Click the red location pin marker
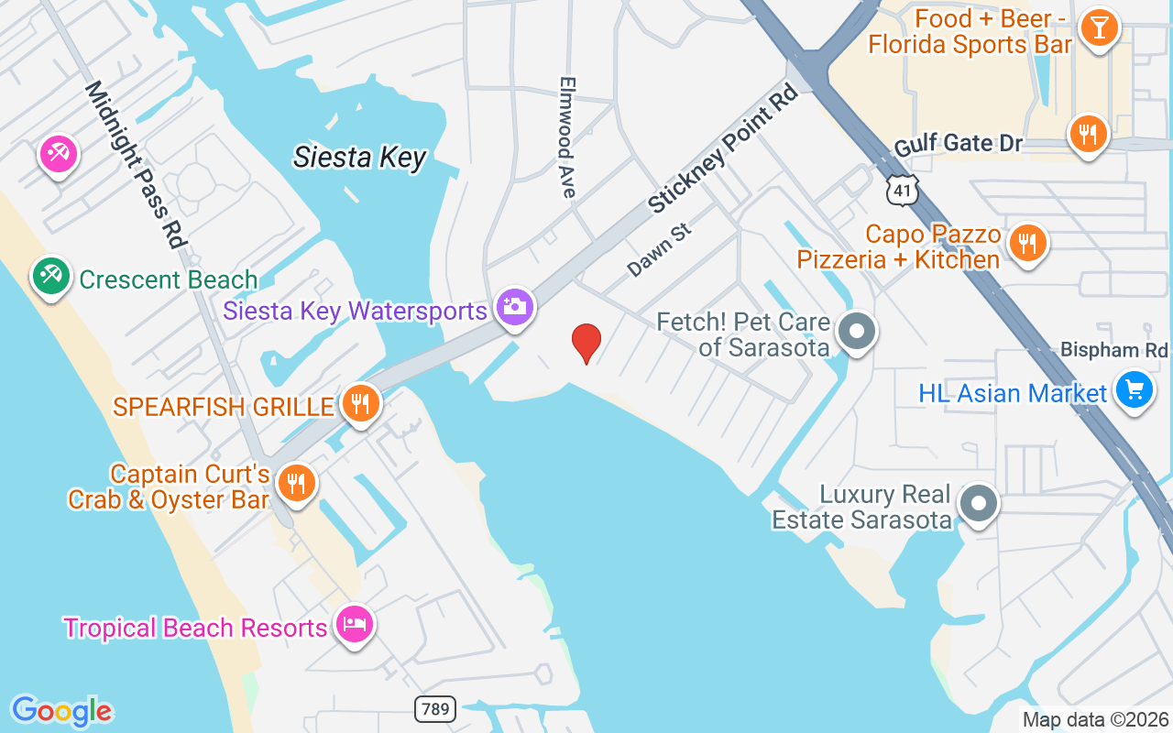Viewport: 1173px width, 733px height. (586, 342)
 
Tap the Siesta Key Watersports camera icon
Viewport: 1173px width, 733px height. (515, 306)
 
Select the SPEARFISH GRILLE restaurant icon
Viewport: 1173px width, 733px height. (361, 401)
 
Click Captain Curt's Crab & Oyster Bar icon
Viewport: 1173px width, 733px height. (296, 482)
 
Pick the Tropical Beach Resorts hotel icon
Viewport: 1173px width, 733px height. (353, 625)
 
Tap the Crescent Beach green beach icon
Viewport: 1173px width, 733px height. (51, 275)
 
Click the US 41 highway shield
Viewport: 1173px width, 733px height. (900, 188)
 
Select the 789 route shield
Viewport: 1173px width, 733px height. (434, 708)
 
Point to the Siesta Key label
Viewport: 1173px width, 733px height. (360, 158)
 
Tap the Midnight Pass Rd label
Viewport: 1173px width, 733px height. (136, 165)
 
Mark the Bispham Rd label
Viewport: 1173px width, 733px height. (1114, 350)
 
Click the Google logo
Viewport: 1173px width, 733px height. (62, 711)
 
